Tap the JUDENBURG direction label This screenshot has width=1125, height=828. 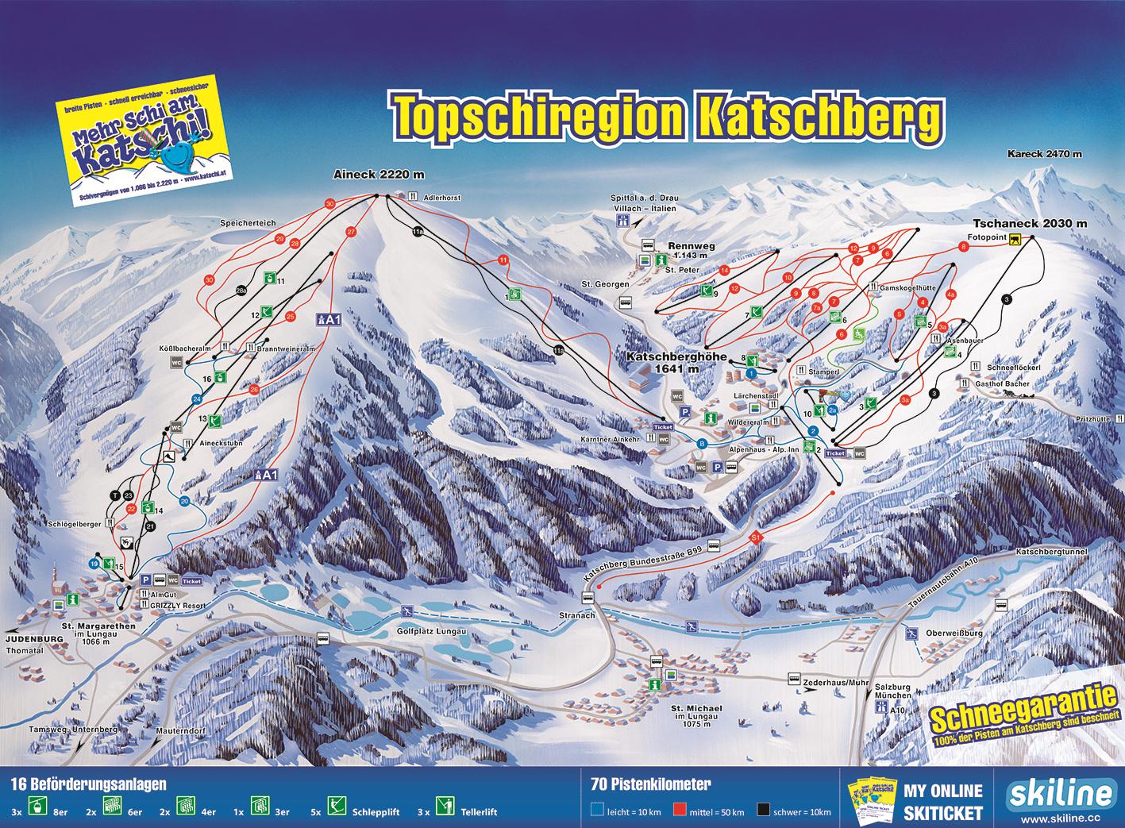tap(33, 638)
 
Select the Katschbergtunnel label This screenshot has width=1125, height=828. tap(1053, 550)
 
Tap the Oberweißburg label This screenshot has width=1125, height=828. tap(954, 634)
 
